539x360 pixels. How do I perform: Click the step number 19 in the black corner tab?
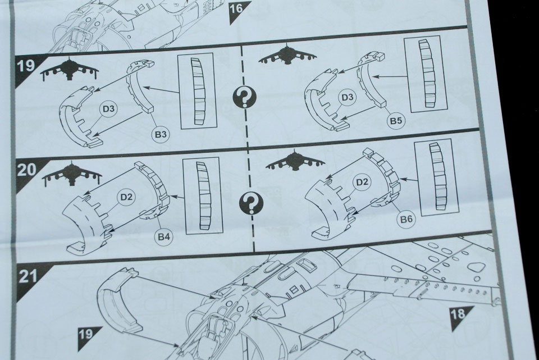(26, 65)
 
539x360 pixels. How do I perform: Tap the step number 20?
(27, 170)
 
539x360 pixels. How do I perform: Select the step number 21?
(28, 275)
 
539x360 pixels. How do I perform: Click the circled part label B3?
(161, 134)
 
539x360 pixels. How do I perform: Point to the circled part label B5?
(396, 121)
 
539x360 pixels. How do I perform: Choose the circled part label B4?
(164, 236)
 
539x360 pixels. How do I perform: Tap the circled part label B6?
(406, 218)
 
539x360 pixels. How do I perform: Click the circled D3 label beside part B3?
(108, 109)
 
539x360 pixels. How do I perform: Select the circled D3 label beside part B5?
(347, 97)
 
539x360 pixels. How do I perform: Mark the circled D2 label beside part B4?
(126, 197)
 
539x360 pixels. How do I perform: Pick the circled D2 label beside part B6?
(362, 182)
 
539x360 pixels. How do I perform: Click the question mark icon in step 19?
(244, 97)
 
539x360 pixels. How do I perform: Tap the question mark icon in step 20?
(252, 203)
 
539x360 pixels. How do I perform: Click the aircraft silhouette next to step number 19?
(70, 70)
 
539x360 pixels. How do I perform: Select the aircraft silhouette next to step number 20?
(72, 174)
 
